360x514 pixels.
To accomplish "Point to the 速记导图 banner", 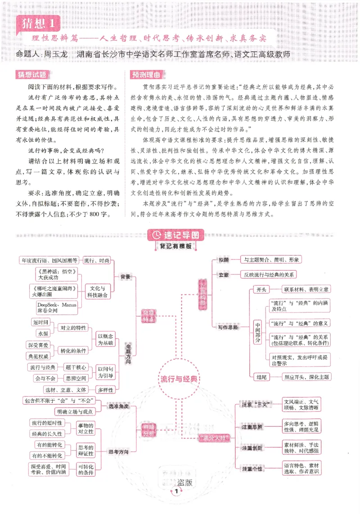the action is (x=176, y=235).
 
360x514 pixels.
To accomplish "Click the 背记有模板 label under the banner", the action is (x=175, y=246).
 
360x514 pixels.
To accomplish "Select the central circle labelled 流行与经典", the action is (x=179, y=379).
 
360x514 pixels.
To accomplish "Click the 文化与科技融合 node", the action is (x=98, y=291).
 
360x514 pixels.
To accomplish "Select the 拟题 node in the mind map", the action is (x=224, y=260).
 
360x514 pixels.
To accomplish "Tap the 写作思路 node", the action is (x=228, y=327).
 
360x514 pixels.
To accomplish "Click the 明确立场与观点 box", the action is (x=74, y=411).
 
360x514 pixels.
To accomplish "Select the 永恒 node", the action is (x=43, y=333).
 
